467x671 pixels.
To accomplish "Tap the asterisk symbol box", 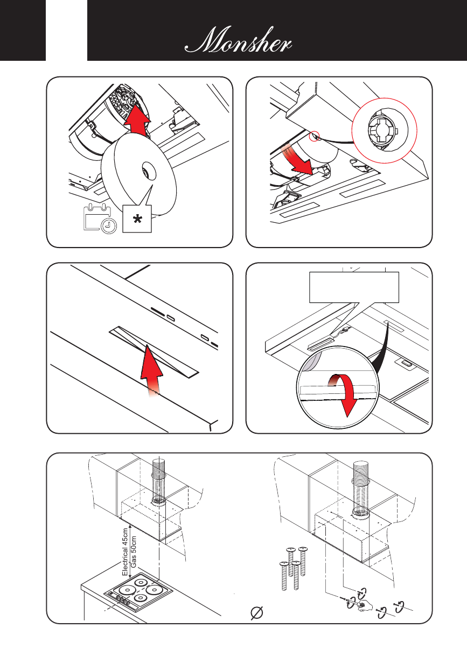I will coord(137,218).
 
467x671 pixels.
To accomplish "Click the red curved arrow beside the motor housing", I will coord(299,160).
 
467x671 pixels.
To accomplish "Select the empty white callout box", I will coord(354,287).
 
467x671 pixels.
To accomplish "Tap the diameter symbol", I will coord(257,612).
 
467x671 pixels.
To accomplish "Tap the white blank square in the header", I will coord(67,30).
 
